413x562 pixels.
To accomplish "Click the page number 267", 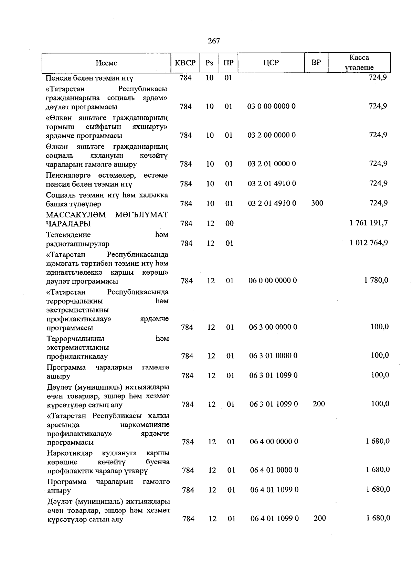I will coord(214,41).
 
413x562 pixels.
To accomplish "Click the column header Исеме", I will coord(106,63).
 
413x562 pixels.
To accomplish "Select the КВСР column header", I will coord(185,63).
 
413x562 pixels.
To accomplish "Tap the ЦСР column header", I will coord(271,63).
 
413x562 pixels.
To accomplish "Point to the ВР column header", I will coord(316,62).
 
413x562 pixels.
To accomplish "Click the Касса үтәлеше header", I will coord(359,62).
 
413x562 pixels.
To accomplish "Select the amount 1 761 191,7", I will coord(369,223).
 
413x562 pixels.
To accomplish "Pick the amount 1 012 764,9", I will coord(369,243).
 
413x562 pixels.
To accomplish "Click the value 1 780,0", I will coord(376,280).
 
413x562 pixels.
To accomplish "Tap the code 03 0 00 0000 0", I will coord(271,106).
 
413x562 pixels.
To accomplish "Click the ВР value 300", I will coord(317,203).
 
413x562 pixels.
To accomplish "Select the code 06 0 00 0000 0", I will coord(273,280).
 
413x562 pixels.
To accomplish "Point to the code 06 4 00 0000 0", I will coord(274,441).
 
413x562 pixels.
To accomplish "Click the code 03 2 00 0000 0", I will coord(271,135).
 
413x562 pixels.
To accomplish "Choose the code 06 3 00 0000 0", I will coord(273,327).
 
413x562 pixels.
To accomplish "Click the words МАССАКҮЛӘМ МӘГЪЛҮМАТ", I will coord(107,215).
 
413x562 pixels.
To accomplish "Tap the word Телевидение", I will coord(68,235).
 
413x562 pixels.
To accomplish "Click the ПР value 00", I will coord(229,223).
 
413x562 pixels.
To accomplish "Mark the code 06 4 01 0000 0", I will coord(274,470).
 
